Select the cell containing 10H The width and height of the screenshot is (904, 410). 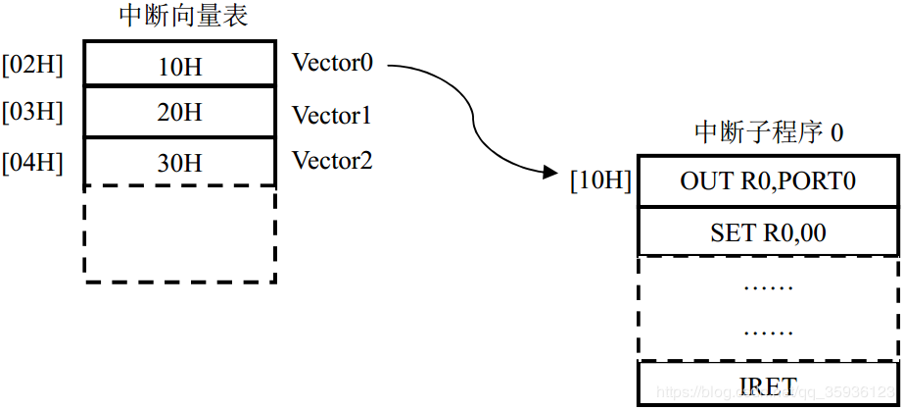(x=179, y=66)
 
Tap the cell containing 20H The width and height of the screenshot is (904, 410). (x=179, y=113)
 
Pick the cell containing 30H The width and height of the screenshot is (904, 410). (x=179, y=162)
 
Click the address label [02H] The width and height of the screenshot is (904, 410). (x=32, y=66)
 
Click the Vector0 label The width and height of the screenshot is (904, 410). (x=332, y=64)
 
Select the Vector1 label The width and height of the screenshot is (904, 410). (x=332, y=116)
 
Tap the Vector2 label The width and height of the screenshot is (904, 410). (x=332, y=160)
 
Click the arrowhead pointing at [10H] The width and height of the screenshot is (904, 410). (x=548, y=173)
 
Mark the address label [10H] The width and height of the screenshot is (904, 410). (x=601, y=181)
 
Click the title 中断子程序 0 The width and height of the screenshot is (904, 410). (x=769, y=132)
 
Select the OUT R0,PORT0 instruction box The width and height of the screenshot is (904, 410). (x=768, y=181)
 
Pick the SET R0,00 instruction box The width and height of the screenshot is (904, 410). (x=768, y=232)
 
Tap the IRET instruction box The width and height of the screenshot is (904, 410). (x=768, y=385)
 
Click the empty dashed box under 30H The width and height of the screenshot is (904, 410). (x=179, y=234)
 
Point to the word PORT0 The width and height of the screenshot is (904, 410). (x=818, y=181)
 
